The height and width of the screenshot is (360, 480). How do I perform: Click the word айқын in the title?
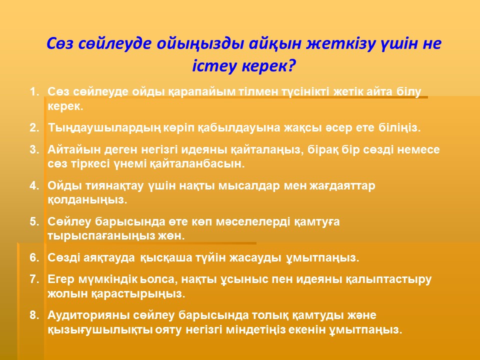coord(276,44)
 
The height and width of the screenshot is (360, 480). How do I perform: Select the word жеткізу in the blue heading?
coord(342,44)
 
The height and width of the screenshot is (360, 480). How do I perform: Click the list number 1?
coord(34,91)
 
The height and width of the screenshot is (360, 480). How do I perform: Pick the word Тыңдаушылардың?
coord(104,127)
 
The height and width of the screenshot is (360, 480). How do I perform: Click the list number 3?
coord(34,149)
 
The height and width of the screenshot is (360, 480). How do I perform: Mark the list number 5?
coord(34,221)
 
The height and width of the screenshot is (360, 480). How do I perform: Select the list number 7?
coord(34,279)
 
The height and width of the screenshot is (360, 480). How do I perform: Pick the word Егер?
coord(61,279)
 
